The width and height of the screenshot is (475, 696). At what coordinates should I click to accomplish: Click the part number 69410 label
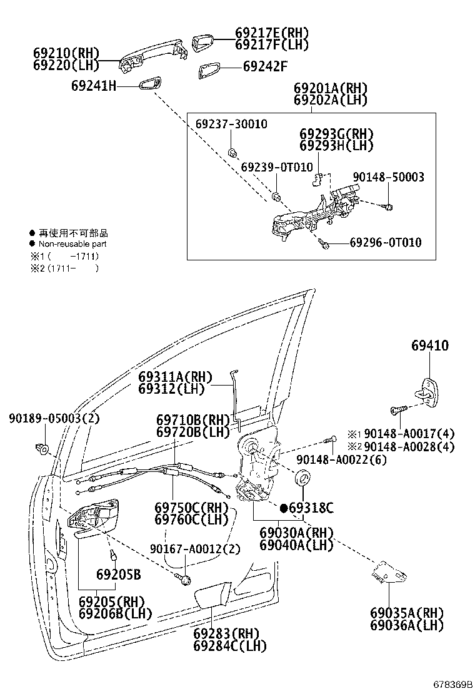(429, 345)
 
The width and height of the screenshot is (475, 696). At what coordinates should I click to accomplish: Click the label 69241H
(94, 86)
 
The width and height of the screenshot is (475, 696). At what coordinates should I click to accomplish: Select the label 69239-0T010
(276, 167)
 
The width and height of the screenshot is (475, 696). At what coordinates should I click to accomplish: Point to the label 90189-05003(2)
(54, 417)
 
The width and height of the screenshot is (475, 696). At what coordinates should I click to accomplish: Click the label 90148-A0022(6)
(341, 460)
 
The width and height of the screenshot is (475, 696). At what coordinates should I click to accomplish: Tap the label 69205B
(118, 574)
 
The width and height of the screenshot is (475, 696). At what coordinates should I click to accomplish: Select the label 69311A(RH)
(176, 377)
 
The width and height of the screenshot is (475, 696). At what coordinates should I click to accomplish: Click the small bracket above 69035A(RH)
(387, 572)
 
